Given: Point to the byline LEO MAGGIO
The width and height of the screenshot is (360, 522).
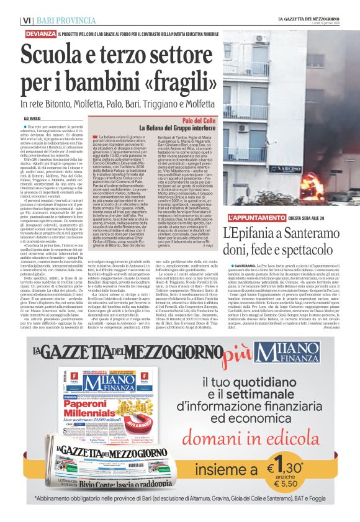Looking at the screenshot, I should tap(36, 117).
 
